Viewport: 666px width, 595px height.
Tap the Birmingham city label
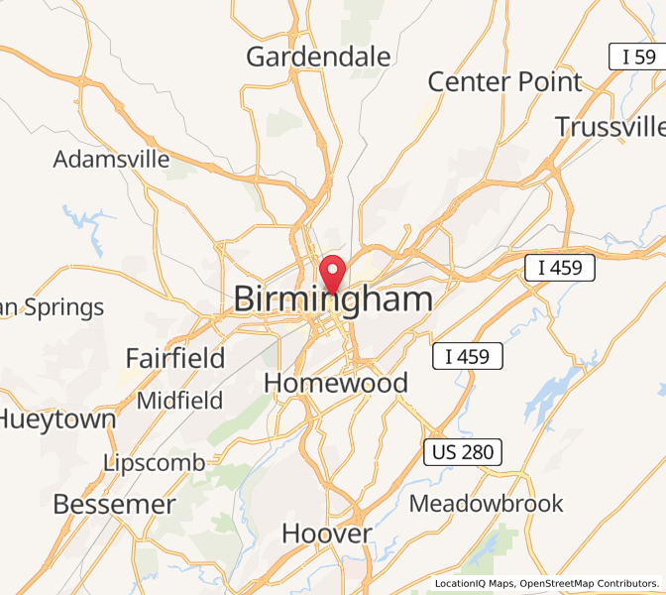click(333, 299)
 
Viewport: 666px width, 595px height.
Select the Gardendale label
click(318, 57)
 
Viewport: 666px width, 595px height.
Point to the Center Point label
click(504, 81)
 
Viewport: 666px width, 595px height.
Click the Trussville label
click(609, 127)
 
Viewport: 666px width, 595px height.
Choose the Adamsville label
click(111, 159)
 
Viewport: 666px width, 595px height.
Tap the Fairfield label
click(175, 357)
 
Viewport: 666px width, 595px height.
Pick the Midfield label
click(179, 401)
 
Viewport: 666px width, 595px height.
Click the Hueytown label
click(57, 418)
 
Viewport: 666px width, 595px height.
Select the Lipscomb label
click(155, 462)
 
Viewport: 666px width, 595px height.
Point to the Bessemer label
click(114, 504)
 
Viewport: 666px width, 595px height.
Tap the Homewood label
click(335, 383)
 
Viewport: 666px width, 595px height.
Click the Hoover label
click(327, 534)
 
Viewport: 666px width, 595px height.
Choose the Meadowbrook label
click(486, 503)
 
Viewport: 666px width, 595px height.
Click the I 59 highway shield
click(633, 57)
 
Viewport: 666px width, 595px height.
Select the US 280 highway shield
click(463, 452)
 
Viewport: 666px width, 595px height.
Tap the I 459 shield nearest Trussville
click(559, 267)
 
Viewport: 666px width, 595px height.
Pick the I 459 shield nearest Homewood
click(467, 356)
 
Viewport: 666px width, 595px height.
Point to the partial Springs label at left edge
click(52, 307)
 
